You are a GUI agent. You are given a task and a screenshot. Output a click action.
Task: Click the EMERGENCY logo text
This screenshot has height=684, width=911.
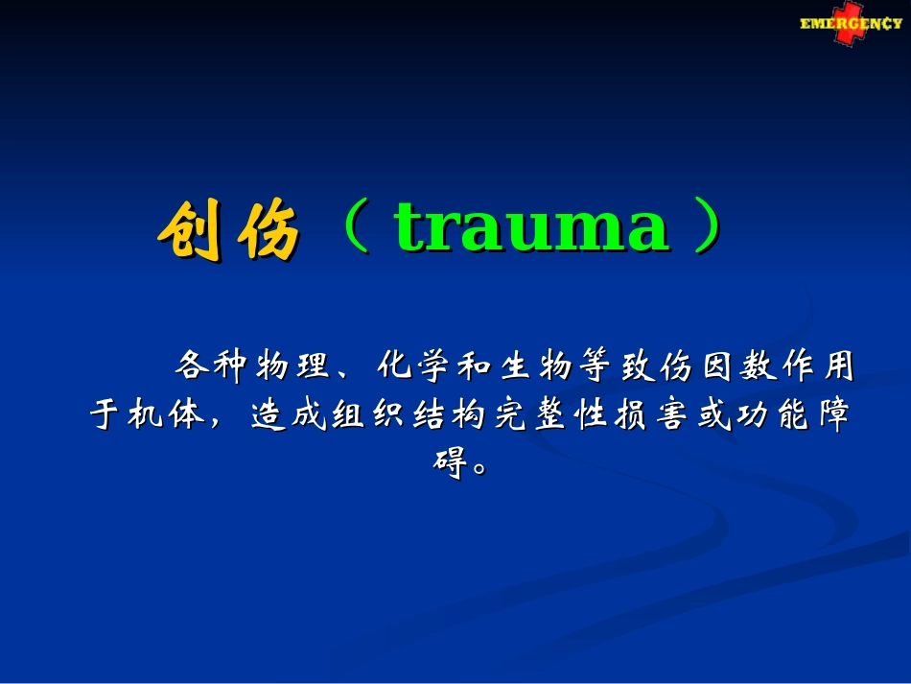point(851,24)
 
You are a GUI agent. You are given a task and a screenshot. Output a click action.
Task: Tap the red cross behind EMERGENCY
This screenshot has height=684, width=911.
point(849,23)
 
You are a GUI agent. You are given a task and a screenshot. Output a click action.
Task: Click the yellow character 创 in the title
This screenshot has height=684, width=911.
point(190,229)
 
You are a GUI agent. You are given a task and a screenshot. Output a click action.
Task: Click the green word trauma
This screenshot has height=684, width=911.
point(531,227)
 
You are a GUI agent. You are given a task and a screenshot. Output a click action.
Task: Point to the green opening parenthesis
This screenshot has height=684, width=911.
point(356,226)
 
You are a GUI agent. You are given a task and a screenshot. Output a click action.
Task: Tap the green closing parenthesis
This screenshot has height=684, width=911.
point(708,226)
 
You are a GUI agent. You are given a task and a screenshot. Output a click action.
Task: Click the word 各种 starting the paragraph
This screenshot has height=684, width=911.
point(212,366)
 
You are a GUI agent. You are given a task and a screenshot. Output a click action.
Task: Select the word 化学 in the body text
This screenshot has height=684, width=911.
point(412,366)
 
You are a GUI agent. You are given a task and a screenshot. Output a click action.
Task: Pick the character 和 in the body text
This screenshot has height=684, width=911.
point(474,366)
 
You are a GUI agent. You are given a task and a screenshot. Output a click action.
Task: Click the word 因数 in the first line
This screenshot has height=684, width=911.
point(739,366)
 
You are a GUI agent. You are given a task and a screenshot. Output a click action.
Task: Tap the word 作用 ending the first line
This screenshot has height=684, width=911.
point(819,366)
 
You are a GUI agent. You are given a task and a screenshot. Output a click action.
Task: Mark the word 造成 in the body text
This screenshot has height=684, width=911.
point(289,414)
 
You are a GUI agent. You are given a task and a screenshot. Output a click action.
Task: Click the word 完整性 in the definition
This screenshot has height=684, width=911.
point(550,414)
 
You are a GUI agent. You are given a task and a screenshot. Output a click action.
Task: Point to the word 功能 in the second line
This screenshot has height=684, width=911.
point(773,414)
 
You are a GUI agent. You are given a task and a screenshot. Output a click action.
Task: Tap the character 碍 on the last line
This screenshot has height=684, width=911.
point(451,463)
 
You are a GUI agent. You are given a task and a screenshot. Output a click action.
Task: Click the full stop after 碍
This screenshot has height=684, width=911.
point(479,468)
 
